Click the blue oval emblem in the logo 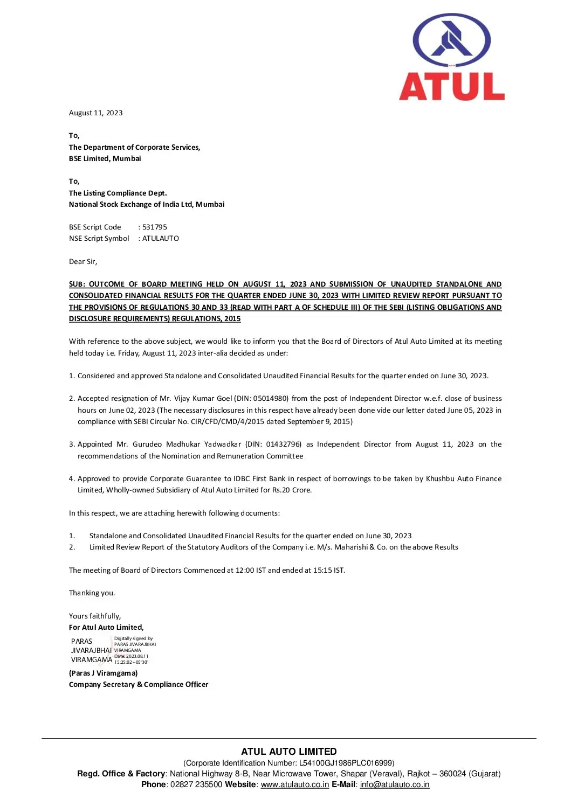(x=451, y=41)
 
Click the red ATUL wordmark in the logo (x=451, y=87)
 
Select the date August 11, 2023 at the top (x=96, y=113)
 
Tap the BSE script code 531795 (x=155, y=227)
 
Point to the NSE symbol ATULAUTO (x=161, y=238)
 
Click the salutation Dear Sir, (x=83, y=261)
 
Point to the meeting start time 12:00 (x=245, y=570)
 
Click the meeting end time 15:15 (x=322, y=570)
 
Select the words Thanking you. (x=92, y=593)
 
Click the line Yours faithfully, (x=95, y=616)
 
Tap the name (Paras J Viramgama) (x=104, y=673)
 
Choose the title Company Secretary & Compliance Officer (x=139, y=684)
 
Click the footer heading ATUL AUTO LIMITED (x=289, y=751)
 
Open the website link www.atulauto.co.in (x=295, y=784)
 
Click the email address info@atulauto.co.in (x=395, y=784)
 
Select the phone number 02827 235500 (x=196, y=784)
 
